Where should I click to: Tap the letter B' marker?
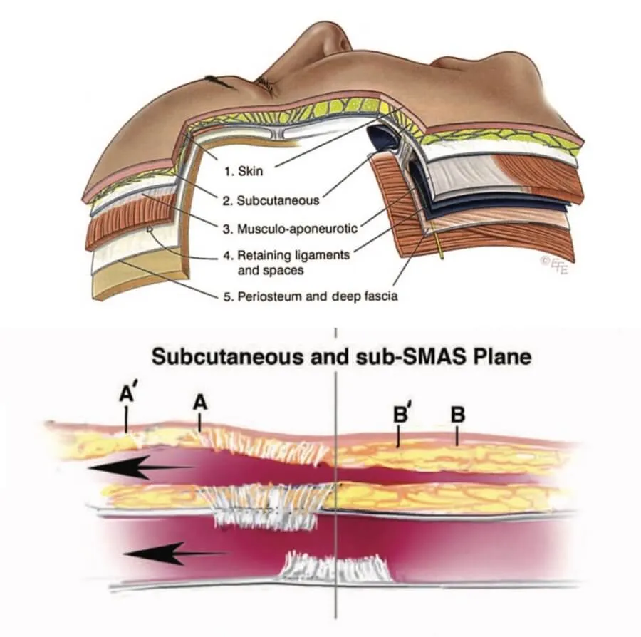coord(401,415)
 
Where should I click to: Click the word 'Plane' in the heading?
coord(499,356)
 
